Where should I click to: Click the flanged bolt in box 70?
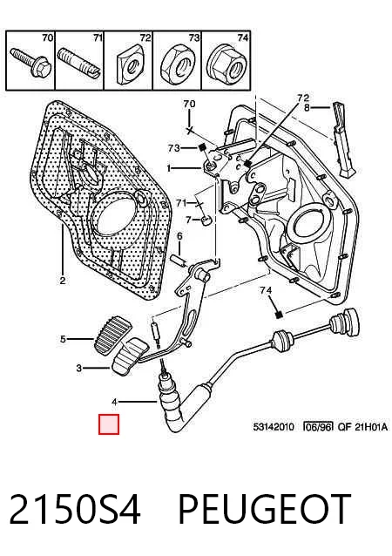[x=30, y=63]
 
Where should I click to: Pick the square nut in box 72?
[x=132, y=63]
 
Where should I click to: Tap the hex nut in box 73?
[x=178, y=64]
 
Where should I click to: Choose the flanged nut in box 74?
[x=226, y=63]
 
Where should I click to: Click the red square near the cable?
[x=109, y=424]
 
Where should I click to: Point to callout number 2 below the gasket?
[x=63, y=281]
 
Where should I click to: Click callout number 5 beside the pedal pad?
[x=63, y=339]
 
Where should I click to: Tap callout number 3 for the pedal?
[x=79, y=369]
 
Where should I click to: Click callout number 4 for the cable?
[x=114, y=402]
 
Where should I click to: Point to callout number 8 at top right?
[x=307, y=107]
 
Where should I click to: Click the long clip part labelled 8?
[x=343, y=139]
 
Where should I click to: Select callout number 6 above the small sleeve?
[x=179, y=236]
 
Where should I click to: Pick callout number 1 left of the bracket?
[x=169, y=168]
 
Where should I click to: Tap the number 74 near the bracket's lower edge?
[x=266, y=291]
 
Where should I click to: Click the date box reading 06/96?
[x=318, y=426]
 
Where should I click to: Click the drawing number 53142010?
[x=274, y=426]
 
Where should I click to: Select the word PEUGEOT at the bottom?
[x=264, y=510]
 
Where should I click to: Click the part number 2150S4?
[x=75, y=510]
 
